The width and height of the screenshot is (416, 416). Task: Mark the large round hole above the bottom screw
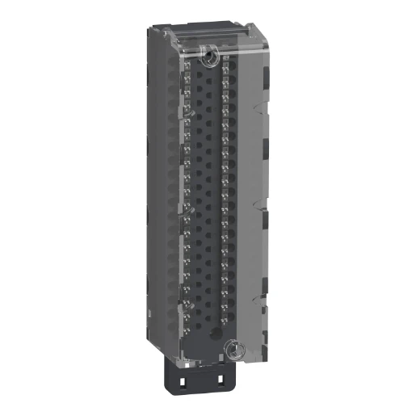tap(213, 334)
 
